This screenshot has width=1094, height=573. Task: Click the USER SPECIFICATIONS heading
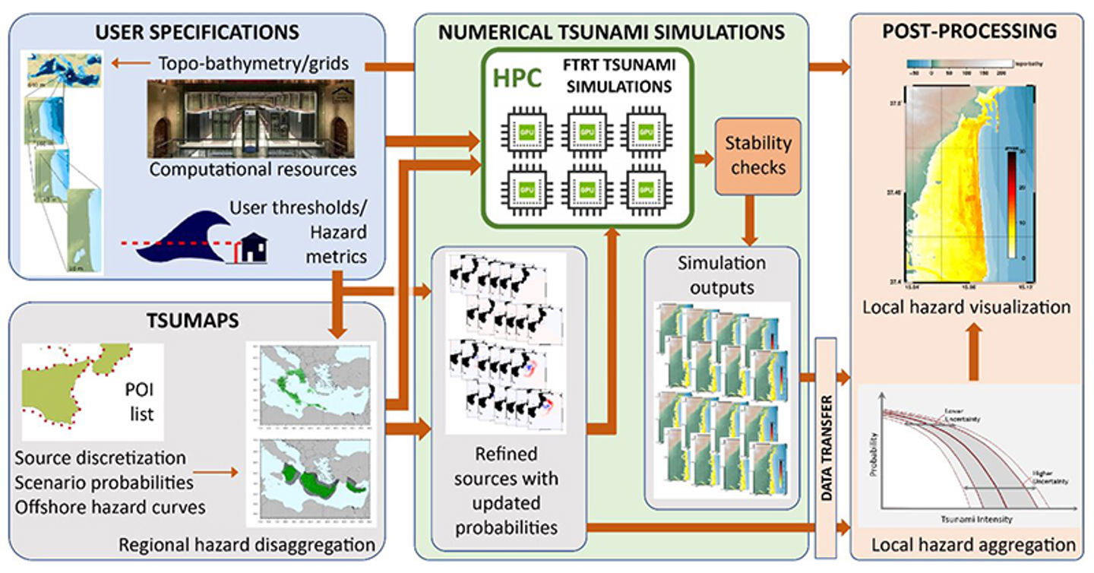(x=198, y=33)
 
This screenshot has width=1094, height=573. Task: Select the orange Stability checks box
(x=757, y=154)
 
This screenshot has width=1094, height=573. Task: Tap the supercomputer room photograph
(x=250, y=119)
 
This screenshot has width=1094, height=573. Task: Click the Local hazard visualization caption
(x=966, y=308)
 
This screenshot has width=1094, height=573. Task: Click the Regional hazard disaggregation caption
(x=247, y=545)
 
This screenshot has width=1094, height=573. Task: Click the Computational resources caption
(x=253, y=169)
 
